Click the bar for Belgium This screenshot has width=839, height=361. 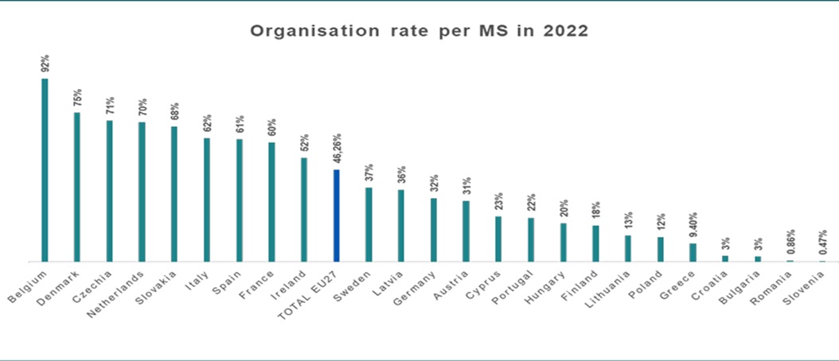pos(45,170)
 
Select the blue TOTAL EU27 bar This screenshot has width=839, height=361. pos(337,215)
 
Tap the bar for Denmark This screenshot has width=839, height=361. pos(77,187)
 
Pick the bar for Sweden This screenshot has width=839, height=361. pos(369,224)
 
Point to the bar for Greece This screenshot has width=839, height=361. pos(693,252)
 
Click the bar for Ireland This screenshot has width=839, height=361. pos(304,210)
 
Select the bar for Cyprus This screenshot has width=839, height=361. pos(498,239)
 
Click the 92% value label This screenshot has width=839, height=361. pos(45,63)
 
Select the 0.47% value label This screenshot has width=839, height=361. pos(822,242)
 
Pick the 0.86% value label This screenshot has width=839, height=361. pos(790,242)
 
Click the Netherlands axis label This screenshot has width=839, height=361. pos(116,293)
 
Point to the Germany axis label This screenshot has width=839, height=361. pos(416,289)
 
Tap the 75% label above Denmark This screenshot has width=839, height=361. pos(77,97)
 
